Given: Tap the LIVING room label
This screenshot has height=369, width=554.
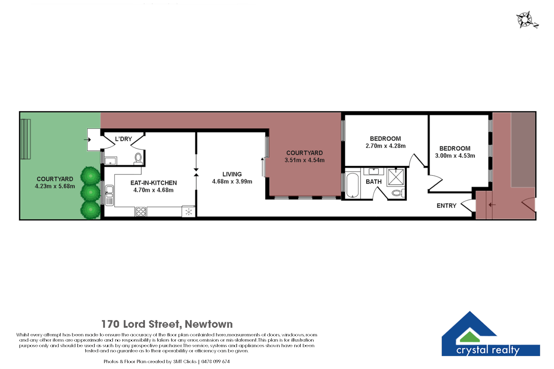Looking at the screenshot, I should [x=232, y=174].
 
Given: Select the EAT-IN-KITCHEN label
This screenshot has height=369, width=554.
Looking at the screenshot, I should [x=154, y=183].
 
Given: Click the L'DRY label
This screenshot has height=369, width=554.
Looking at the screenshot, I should [x=123, y=139].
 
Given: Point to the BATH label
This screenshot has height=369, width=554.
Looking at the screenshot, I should [x=373, y=182].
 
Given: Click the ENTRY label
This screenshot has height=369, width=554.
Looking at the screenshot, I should [x=446, y=206].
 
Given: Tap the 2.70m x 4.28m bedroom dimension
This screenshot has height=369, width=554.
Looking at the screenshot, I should [x=385, y=146].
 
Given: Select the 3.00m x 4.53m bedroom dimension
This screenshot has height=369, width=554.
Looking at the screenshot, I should [x=455, y=156].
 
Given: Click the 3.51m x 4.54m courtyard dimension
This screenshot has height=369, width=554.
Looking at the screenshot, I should [x=304, y=160].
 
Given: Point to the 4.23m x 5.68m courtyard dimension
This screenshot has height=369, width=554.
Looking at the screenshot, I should [x=55, y=186].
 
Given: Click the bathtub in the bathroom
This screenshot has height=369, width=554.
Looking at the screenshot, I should [x=352, y=185].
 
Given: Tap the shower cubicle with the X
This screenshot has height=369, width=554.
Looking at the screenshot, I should [x=396, y=177].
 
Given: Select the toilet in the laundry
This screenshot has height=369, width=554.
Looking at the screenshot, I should [x=138, y=159].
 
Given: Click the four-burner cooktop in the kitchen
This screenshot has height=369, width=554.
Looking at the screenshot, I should [x=141, y=211].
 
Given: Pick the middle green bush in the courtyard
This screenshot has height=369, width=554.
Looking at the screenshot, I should [x=90, y=192].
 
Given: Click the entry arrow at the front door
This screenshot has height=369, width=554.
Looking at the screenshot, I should [x=492, y=205].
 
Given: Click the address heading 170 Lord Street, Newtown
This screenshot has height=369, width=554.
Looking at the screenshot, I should [x=167, y=324].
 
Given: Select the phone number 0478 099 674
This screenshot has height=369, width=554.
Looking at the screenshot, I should [x=215, y=361].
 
